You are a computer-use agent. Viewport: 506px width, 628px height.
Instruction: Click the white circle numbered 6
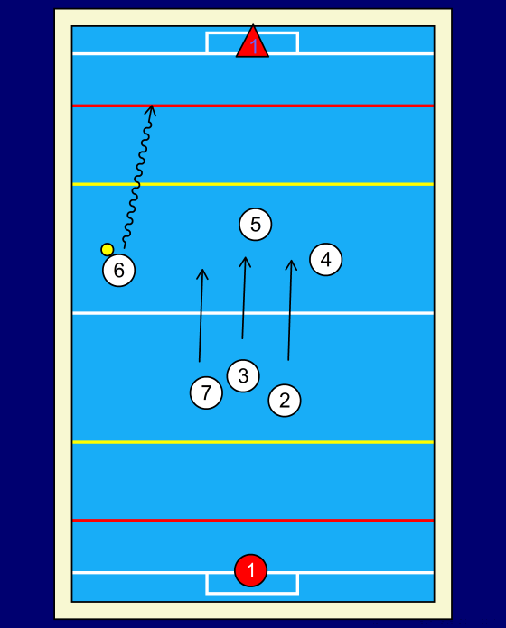tap(118, 271)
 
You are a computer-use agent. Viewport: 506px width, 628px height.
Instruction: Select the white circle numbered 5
tap(256, 225)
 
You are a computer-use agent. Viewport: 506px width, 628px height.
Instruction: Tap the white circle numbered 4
tap(326, 260)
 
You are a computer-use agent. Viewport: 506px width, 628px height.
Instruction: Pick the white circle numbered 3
tap(243, 375)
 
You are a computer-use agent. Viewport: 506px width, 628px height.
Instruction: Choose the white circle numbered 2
tap(285, 401)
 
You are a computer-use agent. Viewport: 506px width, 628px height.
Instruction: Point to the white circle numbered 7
tap(206, 392)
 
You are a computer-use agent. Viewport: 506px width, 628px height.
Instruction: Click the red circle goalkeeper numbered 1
tap(251, 571)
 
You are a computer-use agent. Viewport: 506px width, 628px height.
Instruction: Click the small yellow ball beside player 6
tap(107, 250)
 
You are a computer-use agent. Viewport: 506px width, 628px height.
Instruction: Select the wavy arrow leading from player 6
tap(137, 177)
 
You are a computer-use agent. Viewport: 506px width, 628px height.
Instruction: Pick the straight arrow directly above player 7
tap(201, 315)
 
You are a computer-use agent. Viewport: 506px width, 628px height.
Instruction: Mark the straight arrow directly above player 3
tap(244, 298)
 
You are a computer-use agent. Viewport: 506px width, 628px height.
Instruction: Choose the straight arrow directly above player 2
tap(290, 310)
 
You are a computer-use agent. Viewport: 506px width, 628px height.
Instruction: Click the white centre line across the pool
tap(253, 313)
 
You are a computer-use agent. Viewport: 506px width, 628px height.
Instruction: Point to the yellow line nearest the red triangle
tap(253, 184)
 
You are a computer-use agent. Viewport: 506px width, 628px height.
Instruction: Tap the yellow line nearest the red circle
tap(253, 442)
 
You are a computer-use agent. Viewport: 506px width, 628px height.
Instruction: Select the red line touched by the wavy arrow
tap(253, 106)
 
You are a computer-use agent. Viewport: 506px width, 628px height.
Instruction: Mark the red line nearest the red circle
tap(253, 521)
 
